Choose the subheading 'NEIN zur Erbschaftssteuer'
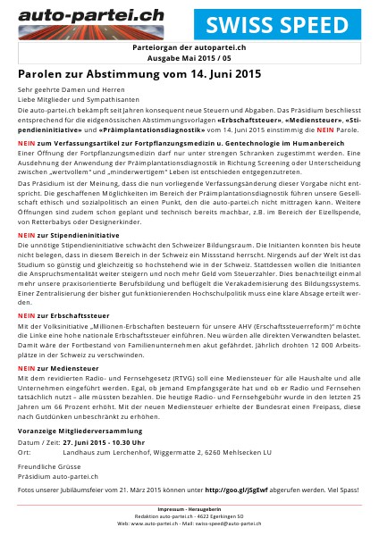click(x=57, y=315)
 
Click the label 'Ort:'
click(x=24, y=452)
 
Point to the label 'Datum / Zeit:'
click(x=42, y=441)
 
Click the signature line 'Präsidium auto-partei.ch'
click(x=57, y=476)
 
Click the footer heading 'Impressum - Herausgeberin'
click(x=189, y=508)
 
